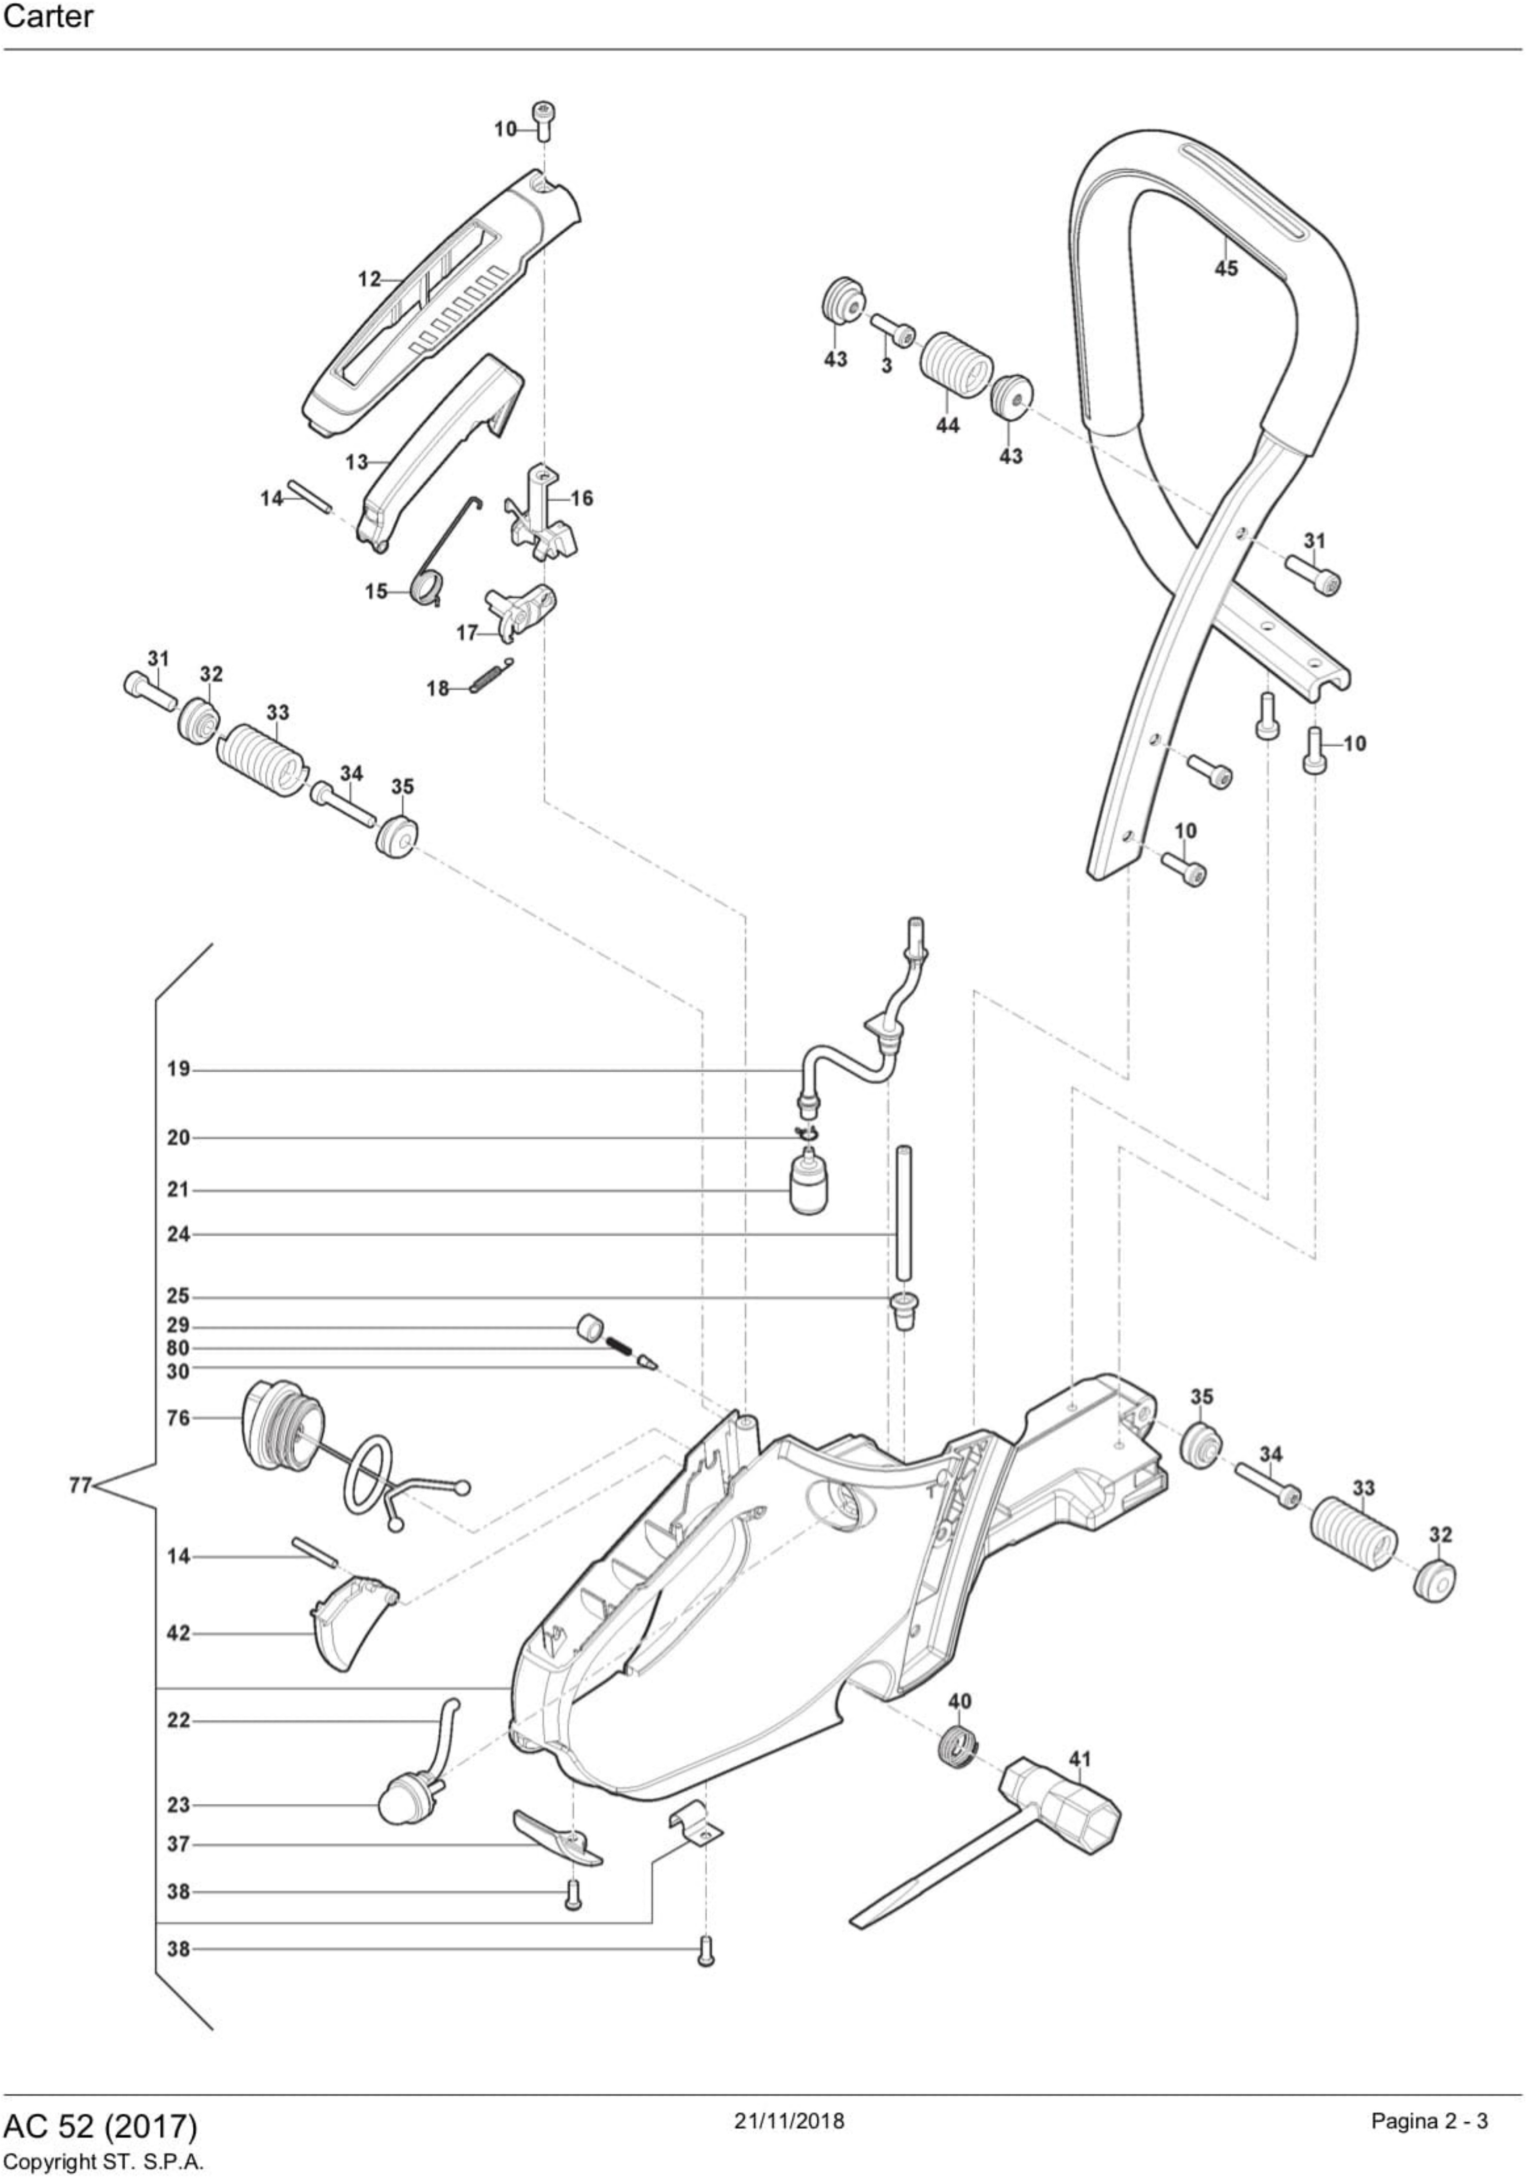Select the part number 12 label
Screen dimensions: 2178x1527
tap(368, 279)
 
